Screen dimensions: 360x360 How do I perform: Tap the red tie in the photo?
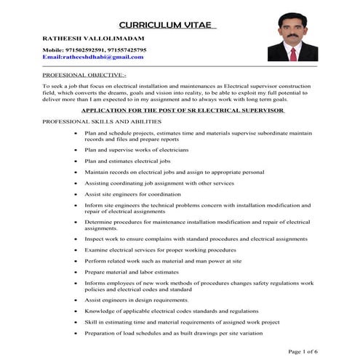pos(293,53)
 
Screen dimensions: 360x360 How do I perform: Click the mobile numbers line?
pos(95,49)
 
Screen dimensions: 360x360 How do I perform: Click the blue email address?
pos(93,56)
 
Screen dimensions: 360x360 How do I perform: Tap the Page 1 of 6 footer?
pos(303,351)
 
